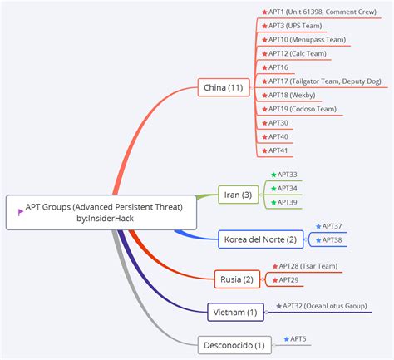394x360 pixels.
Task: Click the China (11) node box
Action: point(224,86)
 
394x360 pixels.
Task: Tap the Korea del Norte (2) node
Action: point(259,239)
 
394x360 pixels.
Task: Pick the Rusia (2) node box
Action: point(237,279)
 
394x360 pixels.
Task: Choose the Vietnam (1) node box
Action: point(235,312)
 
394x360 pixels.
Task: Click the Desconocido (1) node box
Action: point(234,344)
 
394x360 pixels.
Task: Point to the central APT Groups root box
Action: point(101,212)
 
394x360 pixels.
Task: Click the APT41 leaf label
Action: point(278,150)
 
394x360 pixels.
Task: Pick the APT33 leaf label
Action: point(287,175)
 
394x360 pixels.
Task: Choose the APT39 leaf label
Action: point(287,202)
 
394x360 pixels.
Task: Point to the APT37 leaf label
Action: point(332,225)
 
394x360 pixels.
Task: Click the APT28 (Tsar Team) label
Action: point(308,266)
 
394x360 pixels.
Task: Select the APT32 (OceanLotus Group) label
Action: point(324,306)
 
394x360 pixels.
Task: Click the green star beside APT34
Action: point(273,189)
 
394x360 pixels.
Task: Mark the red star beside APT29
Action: point(273,280)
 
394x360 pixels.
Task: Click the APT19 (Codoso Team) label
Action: point(301,109)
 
